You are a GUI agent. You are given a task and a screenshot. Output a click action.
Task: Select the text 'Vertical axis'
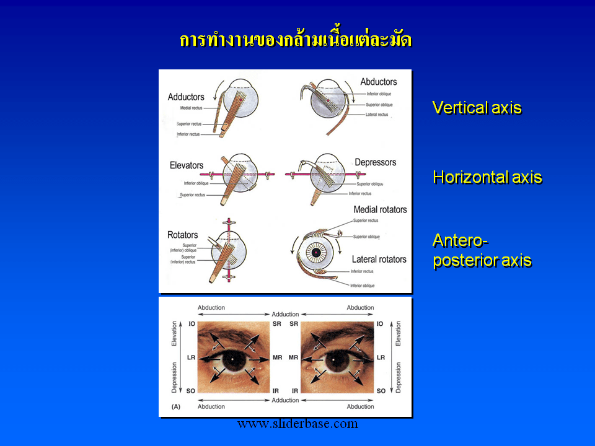pyautogui.click(x=477, y=108)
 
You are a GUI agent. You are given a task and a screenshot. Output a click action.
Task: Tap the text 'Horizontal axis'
pyautogui.click(x=487, y=178)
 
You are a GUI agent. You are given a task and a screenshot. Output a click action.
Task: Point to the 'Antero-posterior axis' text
pyautogui.click(x=482, y=250)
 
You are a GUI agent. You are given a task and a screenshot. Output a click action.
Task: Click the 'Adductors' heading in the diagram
pyautogui.click(x=186, y=97)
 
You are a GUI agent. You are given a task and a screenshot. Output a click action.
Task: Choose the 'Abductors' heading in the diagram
pyautogui.click(x=379, y=82)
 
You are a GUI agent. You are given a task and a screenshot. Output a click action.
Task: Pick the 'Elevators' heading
pyautogui.click(x=187, y=165)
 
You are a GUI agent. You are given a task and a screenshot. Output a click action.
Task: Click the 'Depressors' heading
pyautogui.click(x=375, y=162)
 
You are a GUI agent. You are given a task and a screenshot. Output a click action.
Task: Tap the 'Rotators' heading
pyautogui.click(x=183, y=235)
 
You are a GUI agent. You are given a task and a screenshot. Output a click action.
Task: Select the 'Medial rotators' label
pyautogui.click(x=380, y=209)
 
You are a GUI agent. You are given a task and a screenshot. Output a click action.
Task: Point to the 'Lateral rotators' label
pyautogui.click(x=379, y=259)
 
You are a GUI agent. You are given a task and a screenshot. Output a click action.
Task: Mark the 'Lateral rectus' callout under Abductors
pyautogui.click(x=377, y=114)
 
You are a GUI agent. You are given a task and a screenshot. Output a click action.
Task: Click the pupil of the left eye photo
pyautogui.click(x=232, y=359)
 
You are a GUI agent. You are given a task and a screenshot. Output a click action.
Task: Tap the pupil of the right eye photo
pyautogui.click(x=337, y=359)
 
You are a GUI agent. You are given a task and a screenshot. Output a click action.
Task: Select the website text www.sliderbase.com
pyautogui.click(x=297, y=424)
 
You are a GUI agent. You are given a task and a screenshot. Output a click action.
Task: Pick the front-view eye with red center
pyautogui.click(x=317, y=253)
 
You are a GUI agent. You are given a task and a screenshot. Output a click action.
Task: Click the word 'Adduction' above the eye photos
pyautogui.click(x=285, y=315)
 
